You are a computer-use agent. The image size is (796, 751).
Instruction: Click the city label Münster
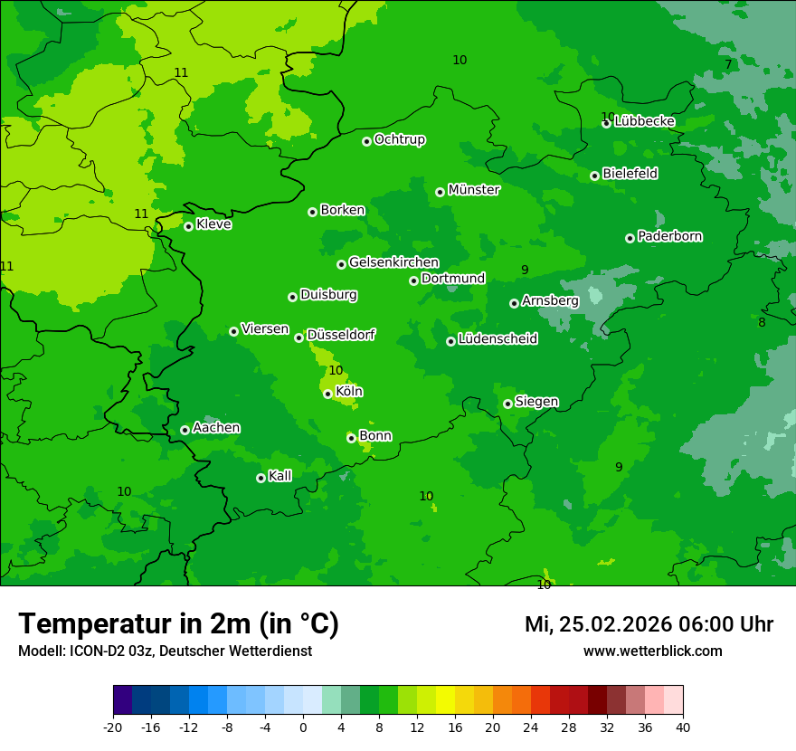pyautogui.click(x=474, y=190)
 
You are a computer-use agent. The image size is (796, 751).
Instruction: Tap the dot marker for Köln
pyautogui.click(x=327, y=394)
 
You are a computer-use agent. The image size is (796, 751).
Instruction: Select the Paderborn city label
pyautogui.click(x=670, y=236)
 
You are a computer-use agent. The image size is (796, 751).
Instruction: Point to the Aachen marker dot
pyautogui.click(x=185, y=430)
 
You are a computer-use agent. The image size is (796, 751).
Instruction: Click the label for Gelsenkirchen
pyautogui.click(x=393, y=262)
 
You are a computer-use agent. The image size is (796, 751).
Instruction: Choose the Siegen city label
pyautogui.click(x=536, y=402)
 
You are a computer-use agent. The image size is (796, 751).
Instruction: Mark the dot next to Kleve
pyautogui.click(x=188, y=226)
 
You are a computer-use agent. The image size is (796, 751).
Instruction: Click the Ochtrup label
pyautogui.click(x=400, y=139)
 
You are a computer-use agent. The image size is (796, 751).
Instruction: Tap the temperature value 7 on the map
pyautogui.click(x=728, y=64)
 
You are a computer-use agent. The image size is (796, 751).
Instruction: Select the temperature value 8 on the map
pyautogui.click(x=762, y=322)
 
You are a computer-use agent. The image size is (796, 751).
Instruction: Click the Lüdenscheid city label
pyautogui.click(x=497, y=339)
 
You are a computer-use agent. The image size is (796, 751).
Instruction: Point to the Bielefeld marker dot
pyautogui.click(x=594, y=176)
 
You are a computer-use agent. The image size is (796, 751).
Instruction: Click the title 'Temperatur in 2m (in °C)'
pyautogui.click(x=178, y=624)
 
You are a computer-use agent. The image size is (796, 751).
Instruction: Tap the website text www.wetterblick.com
pyautogui.click(x=652, y=651)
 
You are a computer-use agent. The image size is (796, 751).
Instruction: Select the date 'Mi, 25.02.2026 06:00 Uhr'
pyautogui.click(x=649, y=624)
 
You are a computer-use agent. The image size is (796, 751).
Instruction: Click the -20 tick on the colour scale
pyautogui.click(x=113, y=727)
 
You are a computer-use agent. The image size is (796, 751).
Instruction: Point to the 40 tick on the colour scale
pyautogui.click(x=683, y=727)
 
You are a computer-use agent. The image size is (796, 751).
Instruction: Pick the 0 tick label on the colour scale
pyautogui.click(x=303, y=727)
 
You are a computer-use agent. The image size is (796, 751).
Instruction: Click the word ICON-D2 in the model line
pyautogui.click(x=92, y=651)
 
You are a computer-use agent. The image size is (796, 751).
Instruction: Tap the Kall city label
pyautogui.click(x=280, y=476)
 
